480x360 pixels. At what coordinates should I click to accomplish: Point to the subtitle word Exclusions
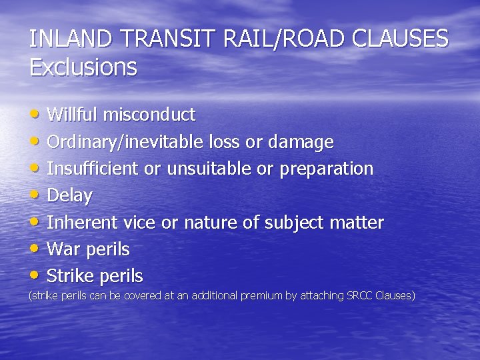[83, 67]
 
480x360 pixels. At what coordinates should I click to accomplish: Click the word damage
[301, 142]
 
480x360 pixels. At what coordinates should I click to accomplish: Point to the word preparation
[326, 169]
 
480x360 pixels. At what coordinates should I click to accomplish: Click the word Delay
[69, 196]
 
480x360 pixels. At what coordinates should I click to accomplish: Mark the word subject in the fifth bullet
[299, 223]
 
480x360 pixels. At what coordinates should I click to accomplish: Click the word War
[63, 249]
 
